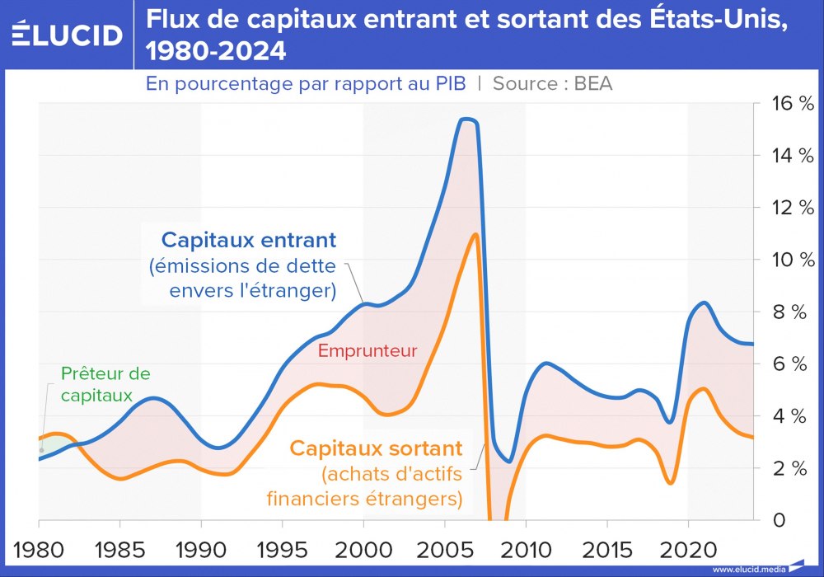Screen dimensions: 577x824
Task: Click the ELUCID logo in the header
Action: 68,35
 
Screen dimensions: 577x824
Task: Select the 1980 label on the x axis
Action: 39,549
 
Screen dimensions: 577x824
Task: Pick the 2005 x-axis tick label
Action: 444,549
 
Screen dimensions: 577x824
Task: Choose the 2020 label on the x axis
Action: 687,549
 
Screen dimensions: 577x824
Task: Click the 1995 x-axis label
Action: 282,549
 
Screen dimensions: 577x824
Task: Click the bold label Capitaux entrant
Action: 249,240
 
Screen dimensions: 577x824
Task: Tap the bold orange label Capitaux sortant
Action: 375,449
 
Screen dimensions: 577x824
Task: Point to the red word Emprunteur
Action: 368,351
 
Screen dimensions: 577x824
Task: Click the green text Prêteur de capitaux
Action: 105,384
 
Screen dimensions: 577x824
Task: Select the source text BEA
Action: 594,83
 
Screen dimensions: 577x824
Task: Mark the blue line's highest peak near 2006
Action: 467,120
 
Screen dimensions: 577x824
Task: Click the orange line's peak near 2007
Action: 475,235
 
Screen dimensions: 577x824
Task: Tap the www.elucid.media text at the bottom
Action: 748,569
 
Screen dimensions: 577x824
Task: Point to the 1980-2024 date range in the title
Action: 216,51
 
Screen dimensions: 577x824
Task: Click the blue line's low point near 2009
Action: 509,461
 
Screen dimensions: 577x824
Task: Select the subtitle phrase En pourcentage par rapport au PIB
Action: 306,83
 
